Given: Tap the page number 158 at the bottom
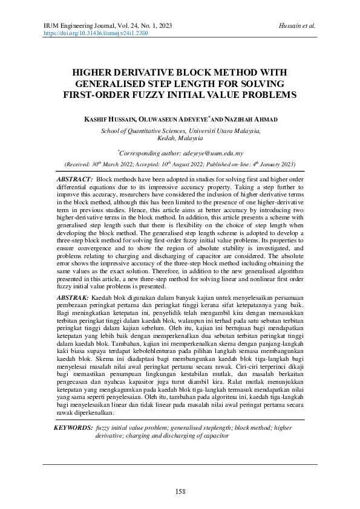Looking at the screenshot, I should (180, 491).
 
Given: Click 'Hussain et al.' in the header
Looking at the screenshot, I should (298, 26).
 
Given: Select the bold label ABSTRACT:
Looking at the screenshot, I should (74, 180).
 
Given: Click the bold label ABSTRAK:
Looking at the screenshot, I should (73, 298).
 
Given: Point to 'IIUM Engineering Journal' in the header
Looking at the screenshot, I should (80, 26).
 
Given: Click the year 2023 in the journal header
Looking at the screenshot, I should (163, 26).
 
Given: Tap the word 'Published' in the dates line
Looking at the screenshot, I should (224, 164).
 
